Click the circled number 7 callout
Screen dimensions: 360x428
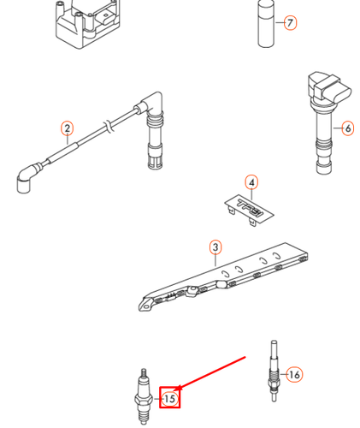click(290, 23)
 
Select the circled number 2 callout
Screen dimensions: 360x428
click(67, 128)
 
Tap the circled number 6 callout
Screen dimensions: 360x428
click(348, 128)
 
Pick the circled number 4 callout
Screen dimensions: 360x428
click(251, 182)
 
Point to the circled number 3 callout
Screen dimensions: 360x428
click(215, 247)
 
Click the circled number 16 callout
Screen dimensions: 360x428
click(294, 374)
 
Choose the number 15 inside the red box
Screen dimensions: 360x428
click(169, 398)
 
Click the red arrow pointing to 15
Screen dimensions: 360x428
click(211, 372)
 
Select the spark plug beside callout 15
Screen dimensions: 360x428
click(144, 396)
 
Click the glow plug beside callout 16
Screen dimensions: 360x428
click(274, 371)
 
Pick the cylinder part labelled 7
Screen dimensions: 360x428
click(266, 23)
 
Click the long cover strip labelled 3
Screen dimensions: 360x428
click(223, 276)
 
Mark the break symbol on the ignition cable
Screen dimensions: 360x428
click(109, 126)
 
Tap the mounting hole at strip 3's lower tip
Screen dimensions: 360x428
click(145, 307)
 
